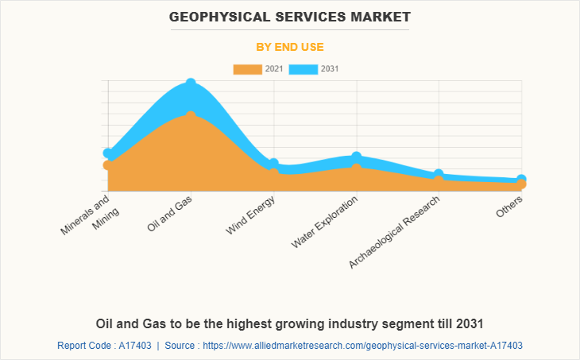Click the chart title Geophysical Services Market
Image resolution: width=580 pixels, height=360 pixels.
pyautogui.click(x=289, y=16)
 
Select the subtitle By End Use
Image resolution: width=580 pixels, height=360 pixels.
pyautogui.click(x=289, y=47)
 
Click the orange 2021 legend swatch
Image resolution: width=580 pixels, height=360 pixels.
pyautogui.click(x=247, y=69)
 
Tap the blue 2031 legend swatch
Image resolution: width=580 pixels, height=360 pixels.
pyautogui.click(x=304, y=69)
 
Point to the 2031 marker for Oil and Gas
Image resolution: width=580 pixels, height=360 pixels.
pyautogui.click(x=191, y=83)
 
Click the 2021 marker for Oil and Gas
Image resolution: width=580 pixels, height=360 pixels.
pyautogui.click(x=191, y=115)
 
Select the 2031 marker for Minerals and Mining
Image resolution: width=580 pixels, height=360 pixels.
pyautogui.click(x=108, y=153)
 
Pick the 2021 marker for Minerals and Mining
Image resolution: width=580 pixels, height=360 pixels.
pyautogui.click(x=108, y=165)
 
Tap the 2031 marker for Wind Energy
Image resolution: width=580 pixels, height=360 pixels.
pyautogui.click(x=273, y=163)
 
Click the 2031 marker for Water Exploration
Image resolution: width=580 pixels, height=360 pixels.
pyautogui.click(x=356, y=157)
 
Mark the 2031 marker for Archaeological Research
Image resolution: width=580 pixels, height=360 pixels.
pyautogui.click(x=439, y=174)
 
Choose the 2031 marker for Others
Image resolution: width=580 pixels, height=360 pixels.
pyautogui.click(x=521, y=180)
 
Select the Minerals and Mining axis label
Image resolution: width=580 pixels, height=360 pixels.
pyautogui.click(x=91, y=215)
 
